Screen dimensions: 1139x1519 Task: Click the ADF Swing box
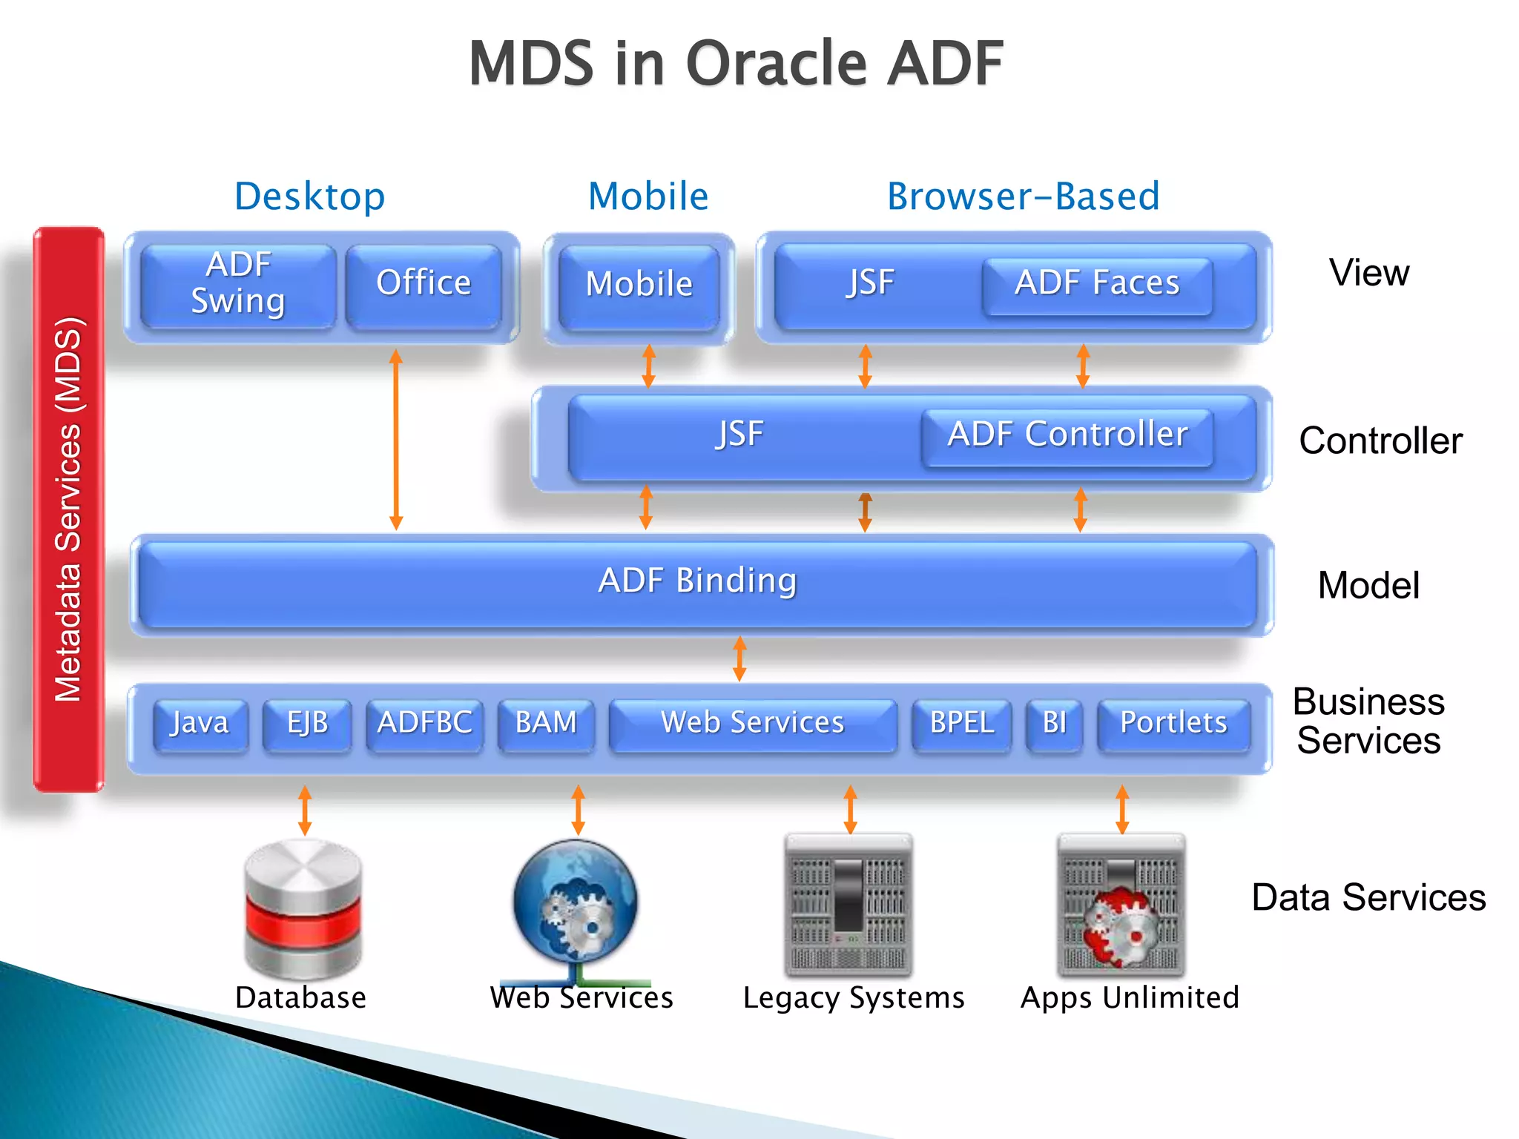[237, 285]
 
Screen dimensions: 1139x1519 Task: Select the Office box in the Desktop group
[424, 285]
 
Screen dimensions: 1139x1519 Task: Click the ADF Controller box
[1067, 437]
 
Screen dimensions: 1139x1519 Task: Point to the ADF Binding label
[697, 581]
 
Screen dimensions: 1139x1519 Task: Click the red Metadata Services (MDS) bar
[68, 509]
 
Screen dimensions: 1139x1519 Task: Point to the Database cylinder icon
[303, 908]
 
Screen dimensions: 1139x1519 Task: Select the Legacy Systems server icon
[849, 905]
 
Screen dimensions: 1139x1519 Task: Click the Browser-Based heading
[1023, 197]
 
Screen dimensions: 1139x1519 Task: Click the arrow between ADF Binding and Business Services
[739, 658]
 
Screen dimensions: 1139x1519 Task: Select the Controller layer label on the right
[1380, 441]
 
